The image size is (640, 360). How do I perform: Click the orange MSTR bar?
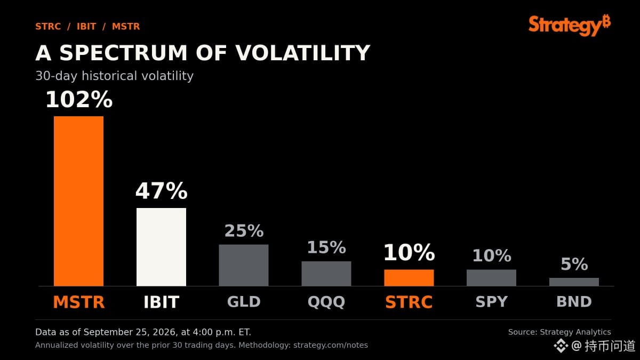[x=78, y=201]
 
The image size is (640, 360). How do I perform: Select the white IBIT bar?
[x=161, y=247]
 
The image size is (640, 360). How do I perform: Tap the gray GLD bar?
[x=244, y=265]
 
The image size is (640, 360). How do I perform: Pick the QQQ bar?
[x=326, y=274]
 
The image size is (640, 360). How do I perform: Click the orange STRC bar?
[x=409, y=278]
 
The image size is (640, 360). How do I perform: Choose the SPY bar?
[x=491, y=278]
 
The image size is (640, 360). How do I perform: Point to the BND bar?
[x=574, y=282]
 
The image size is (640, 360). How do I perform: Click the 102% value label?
[x=79, y=99]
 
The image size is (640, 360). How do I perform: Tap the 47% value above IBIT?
[x=162, y=191]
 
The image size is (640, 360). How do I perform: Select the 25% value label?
[x=244, y=231]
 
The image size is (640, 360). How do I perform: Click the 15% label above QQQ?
[x=326, y=247]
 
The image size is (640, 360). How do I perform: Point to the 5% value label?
[x=574, y=264]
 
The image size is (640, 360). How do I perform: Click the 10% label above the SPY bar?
[x=492, y=255]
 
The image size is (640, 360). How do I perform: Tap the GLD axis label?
[x=244, y=302]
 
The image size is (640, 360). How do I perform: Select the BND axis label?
[x=574, y=302]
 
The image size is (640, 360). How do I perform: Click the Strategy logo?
[x=570, y=25]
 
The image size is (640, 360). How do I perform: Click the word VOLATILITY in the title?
[x=302, y=53]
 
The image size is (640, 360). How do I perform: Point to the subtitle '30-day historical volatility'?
[x=114, y=76]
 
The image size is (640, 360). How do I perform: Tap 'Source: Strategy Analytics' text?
[x=559, y=332]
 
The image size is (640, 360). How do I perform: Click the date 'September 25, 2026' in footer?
[x=132, y=332]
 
